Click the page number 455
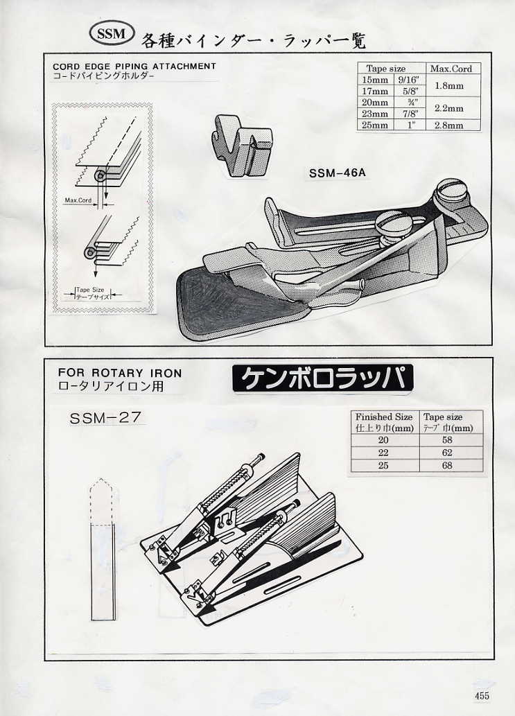[x=483, y=696]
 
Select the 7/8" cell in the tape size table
[x=408, y=114]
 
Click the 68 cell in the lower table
[x=447, y=466]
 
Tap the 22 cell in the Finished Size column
[x=383, y=453]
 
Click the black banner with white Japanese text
[x=322, y=378]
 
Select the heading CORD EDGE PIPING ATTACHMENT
[x=134, y=67]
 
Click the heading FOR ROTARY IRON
[x=120, y=372]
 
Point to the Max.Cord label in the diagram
[x=78, y=201]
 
